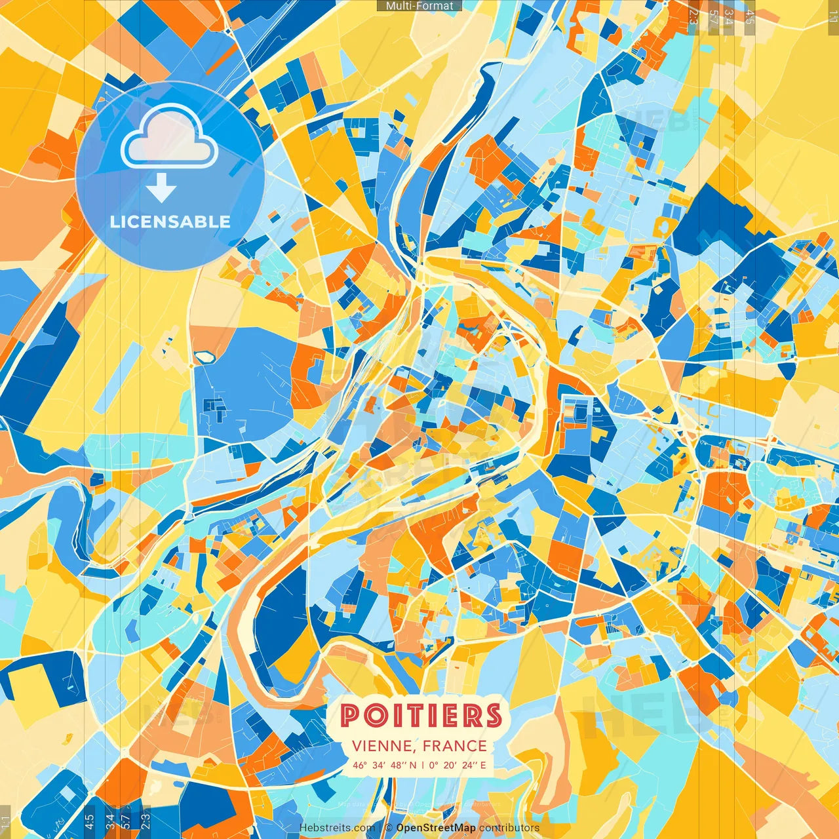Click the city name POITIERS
(421, 715)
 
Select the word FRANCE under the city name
(454, 746)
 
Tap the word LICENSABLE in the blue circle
(170, 222)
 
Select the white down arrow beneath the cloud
(161, 187)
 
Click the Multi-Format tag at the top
(419, 6)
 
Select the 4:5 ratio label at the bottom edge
(89, 821)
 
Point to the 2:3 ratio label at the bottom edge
(146, 821)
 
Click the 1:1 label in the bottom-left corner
(5, 821)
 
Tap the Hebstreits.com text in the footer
(338, 828)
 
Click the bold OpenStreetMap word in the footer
(436, 828)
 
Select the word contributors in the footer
(509, 828)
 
